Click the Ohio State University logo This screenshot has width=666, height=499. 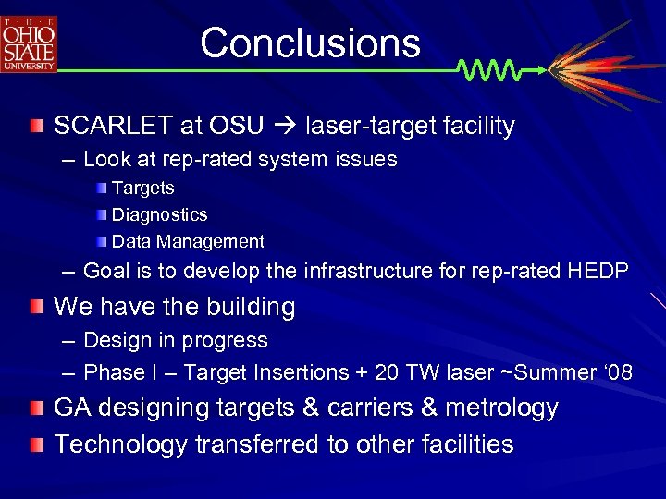[x=30, y=43]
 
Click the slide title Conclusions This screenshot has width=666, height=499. [x=310, y=43]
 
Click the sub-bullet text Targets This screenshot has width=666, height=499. [x=142, y=188]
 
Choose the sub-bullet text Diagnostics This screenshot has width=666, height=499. [x=159, y=214]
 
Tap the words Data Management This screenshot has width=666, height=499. [x=188, y=241]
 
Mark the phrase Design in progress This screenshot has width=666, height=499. [x=175, y=340]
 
